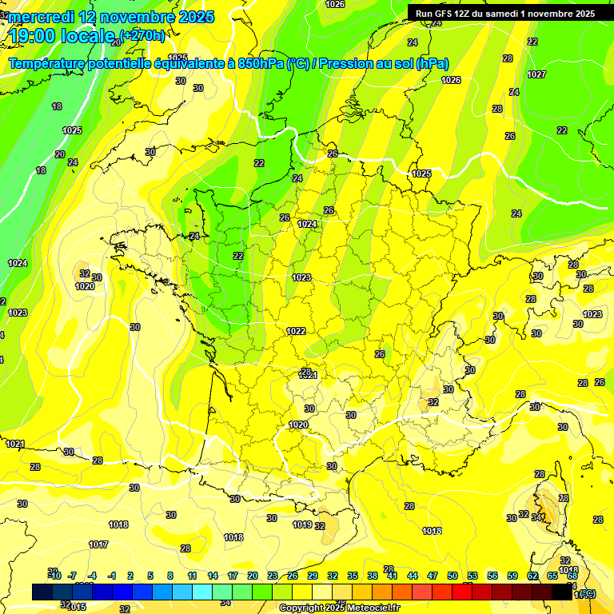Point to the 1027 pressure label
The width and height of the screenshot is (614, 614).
pos(536,74)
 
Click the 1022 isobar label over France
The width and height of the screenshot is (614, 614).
pos(296,330)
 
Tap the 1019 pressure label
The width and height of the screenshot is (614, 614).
pos(302,524)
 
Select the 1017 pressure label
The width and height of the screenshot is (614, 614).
pos(98,544)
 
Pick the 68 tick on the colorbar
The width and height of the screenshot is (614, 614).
pos(572,576)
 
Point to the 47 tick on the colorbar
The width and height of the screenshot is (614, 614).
pos(433,576)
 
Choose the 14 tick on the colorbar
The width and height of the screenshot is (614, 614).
pos(213,576)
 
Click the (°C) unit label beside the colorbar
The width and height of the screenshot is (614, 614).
pos(585,593)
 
